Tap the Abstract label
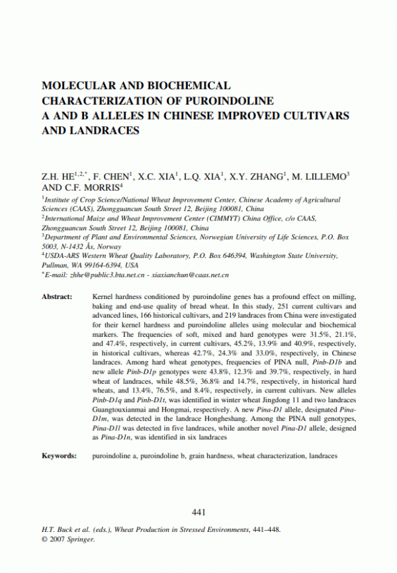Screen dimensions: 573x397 [x=57, y=297]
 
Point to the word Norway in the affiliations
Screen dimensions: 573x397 [x=109, y=246]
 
